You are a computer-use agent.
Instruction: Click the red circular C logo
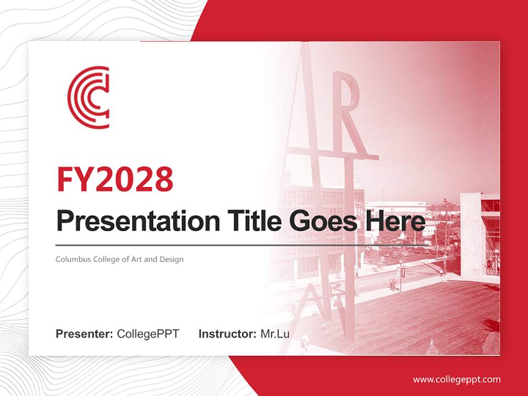click(88, 97)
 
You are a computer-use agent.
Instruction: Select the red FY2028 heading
click(115, 179)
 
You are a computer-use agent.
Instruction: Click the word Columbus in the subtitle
click(70, 259)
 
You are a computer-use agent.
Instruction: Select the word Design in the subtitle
click(172, 259)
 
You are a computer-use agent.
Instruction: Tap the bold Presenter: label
click(85, 334)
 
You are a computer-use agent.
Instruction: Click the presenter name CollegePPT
click(148, 334)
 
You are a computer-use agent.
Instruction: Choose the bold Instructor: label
click(227, 334)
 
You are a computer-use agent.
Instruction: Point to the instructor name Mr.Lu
click(275, 334)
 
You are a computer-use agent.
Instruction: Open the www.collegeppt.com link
click(457, 379)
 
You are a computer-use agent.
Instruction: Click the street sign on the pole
click(402, 272)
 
